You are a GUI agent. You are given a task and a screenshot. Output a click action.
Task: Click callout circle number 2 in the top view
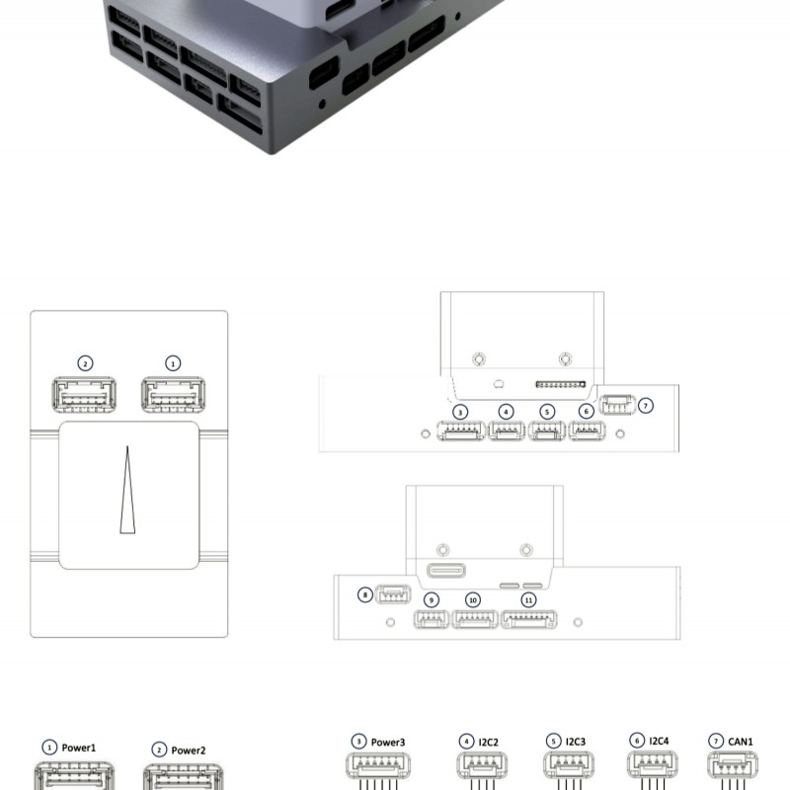point(85,363)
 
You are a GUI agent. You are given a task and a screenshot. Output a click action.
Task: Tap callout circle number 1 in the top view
point(173,363)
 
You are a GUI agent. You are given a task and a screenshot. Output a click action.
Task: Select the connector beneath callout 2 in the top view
point(84,394)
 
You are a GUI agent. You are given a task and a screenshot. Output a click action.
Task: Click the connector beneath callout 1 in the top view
point(174,394)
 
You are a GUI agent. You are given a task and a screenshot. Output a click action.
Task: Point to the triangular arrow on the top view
point(127,490)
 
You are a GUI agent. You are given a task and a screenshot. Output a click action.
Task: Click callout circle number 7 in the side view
point(646,406)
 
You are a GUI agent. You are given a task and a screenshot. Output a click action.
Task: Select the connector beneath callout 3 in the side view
point(461,431)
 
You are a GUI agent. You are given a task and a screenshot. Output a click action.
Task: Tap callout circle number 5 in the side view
point(547,412)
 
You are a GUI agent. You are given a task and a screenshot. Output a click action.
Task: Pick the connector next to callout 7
point(618,405)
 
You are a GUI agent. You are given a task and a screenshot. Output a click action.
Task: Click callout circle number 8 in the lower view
point(365,594)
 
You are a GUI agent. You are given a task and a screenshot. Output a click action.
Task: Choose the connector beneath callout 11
point(529,619)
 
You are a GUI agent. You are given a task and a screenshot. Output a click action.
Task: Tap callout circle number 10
point(473,600)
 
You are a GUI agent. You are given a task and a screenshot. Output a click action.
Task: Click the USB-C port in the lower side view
point(446,571)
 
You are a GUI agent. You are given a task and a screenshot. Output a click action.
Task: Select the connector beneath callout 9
point(432,619)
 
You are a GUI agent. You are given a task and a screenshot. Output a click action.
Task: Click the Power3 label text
point(388,743)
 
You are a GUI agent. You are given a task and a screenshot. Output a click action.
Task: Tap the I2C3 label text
point(576,742)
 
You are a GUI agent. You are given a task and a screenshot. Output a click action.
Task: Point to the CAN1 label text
point(741,742)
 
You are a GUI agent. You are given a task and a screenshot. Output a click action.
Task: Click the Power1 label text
point(79,748)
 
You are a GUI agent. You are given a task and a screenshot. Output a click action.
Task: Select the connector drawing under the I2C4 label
point(652,765)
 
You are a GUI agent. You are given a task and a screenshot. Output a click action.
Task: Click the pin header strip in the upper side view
point(560,384)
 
